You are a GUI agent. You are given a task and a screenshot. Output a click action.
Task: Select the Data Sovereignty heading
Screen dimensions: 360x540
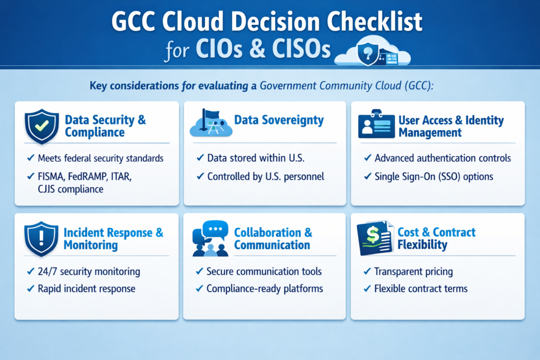279,120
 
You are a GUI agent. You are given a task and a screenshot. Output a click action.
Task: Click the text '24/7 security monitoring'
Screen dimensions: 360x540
89,272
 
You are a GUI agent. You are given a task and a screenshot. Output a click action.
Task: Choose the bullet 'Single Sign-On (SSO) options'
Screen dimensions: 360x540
434,177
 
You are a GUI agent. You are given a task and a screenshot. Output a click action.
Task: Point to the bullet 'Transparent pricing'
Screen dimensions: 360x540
413,272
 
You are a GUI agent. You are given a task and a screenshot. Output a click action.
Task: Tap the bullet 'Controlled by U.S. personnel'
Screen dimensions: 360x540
265,177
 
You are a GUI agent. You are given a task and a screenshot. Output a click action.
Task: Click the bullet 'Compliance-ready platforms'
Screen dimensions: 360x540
265,289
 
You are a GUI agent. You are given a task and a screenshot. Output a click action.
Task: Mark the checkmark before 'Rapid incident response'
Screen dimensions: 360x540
31,289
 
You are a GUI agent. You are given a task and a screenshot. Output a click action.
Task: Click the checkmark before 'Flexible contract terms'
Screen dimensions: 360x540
367,289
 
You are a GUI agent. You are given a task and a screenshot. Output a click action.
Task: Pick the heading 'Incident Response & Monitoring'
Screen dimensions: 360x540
113,239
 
